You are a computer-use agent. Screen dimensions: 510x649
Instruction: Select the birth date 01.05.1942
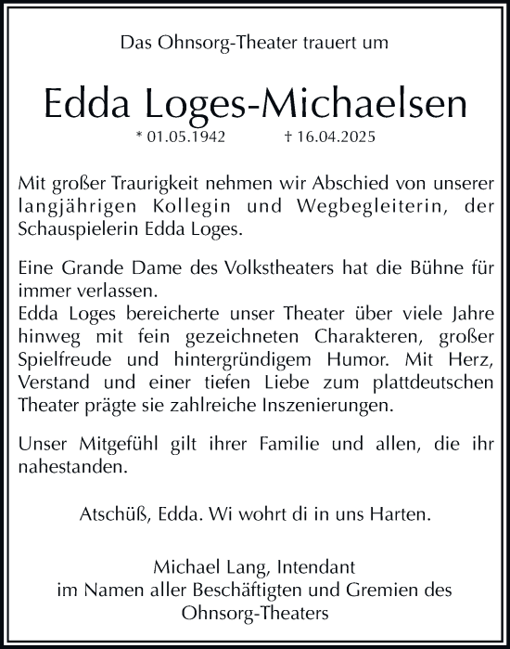(181, 136)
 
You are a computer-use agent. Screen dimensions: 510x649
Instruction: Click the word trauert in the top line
(316, 41)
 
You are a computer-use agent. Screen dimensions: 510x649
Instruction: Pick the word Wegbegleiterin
(364, 203)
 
